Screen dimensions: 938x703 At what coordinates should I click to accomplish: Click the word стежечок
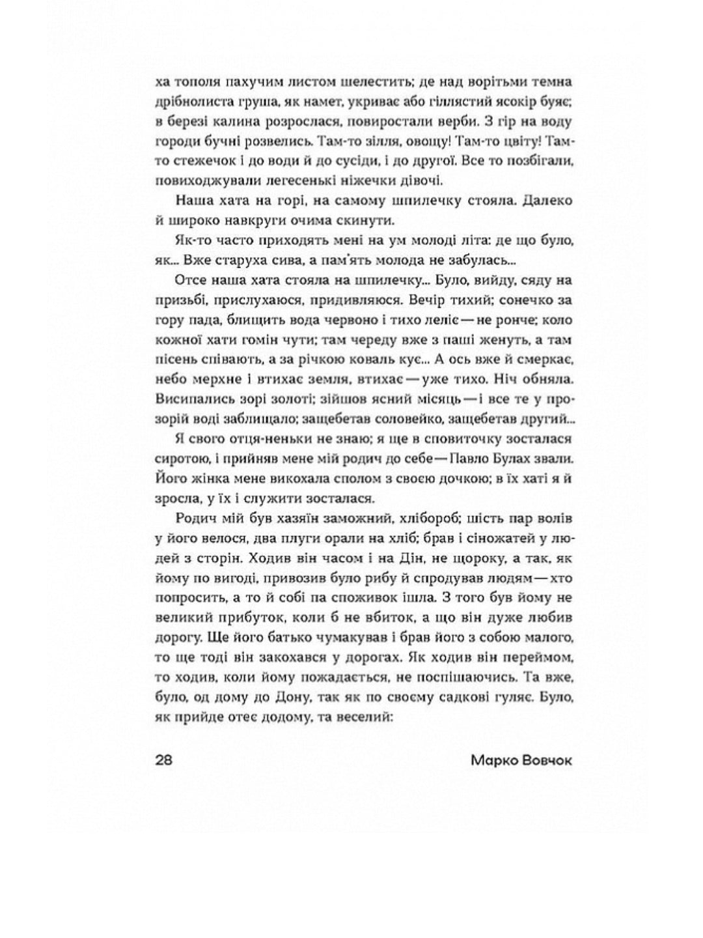[202, 161]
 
